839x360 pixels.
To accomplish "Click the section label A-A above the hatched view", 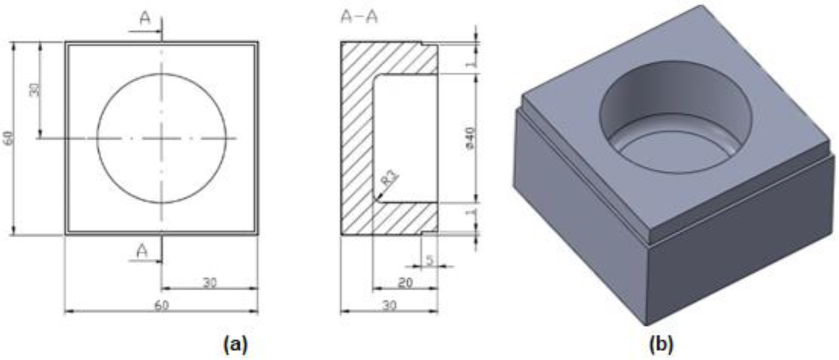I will [x=359, y=17].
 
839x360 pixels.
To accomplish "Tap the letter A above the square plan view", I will [x=145, y=18].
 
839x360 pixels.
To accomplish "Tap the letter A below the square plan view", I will [x=142, y=251].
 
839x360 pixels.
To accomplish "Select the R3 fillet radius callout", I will [x=390, y=178].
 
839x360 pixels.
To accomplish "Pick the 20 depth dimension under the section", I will [x=405, y=282].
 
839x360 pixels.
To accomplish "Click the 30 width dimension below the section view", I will [x=390, y=305].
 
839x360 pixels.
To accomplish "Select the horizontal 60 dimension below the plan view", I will [x=161, y=305].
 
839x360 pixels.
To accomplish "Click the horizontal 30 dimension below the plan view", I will [x=210, y=282].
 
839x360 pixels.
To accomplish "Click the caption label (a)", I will [x=235, y=345].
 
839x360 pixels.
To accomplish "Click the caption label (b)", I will [x=661, y=345].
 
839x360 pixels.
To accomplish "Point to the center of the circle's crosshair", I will [x=161, y=138].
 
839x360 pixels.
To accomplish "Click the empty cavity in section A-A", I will [x=406, y=138].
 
